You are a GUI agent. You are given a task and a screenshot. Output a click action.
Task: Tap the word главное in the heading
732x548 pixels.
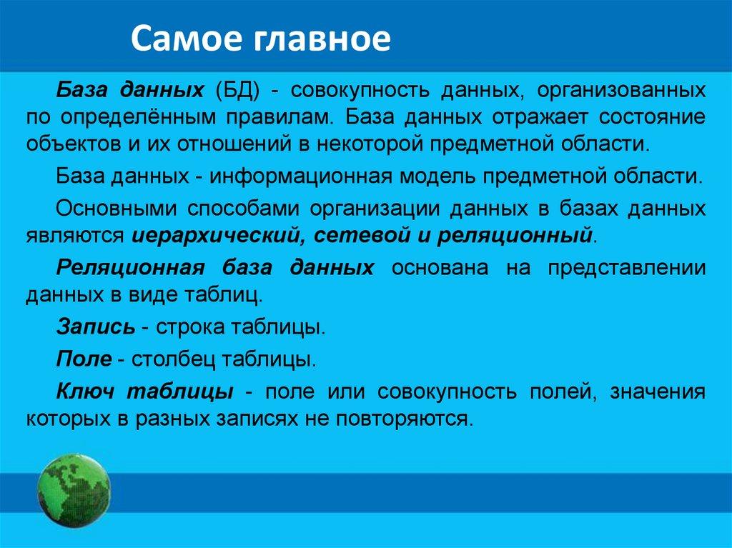click(322, 39)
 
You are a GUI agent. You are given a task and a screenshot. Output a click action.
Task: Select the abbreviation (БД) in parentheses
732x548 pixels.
click(238, 90)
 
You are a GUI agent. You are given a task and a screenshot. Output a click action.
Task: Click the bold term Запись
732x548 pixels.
click(96, 327)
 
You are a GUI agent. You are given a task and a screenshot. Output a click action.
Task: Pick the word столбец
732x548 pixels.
click(173, 359)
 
